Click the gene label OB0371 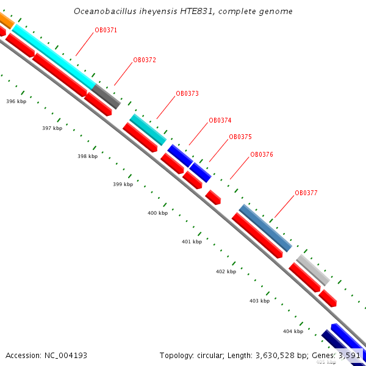[x=106, y=30]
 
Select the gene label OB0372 [x=145, y=60]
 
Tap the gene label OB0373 [x=187, y=94]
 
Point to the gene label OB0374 [x=220, y=121]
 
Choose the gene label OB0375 [x=240, y=137]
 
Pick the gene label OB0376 [x=261, y=155]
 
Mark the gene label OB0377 [x=306, y=193]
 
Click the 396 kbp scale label [x=16, y=101]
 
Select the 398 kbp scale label [x=87, y=157]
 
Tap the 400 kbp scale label [x=157, y=213]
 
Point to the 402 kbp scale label [x=226, y=272]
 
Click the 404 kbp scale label [x=293, y=332]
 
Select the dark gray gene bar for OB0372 [x=106, y=96]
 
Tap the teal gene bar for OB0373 [x=148, y=129]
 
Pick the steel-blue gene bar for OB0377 [x=265, y=228]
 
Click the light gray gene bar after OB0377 [x=313, y=270]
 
